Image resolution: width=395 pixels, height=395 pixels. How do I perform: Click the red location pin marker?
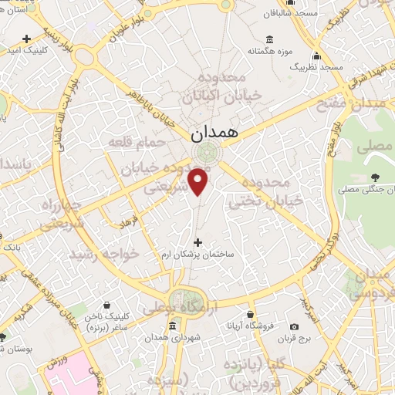point(200,181)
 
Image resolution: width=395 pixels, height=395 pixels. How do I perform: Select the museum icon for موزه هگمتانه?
point(268,40)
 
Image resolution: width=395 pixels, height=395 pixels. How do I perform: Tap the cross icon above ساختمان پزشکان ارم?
point(198,242)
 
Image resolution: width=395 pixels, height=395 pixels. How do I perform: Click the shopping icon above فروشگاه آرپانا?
point(252,314)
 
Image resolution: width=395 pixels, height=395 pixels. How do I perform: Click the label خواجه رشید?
point(104,253)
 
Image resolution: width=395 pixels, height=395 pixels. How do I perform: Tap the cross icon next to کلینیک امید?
point(27,38)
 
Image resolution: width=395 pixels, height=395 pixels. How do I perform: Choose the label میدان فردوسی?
point(370,284)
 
